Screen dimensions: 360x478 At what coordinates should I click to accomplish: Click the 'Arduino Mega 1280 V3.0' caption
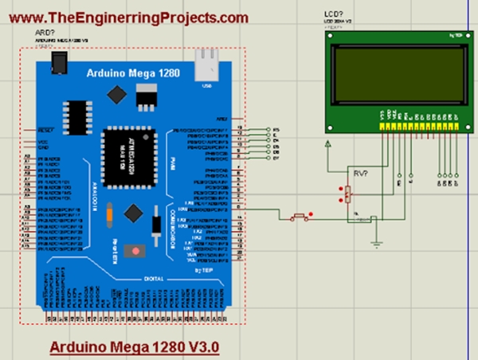click(134, 348)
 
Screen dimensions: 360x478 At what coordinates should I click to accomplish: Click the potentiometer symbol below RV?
click(347, 194)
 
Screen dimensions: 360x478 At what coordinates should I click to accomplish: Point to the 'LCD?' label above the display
click(334, 14)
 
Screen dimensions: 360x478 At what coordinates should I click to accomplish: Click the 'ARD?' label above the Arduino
click(45, 32)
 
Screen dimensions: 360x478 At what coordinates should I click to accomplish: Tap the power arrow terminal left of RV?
click(328, 144)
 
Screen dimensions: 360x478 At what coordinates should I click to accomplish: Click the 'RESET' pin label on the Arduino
click(45, 128)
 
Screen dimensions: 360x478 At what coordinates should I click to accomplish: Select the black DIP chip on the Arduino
click(76, 118)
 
